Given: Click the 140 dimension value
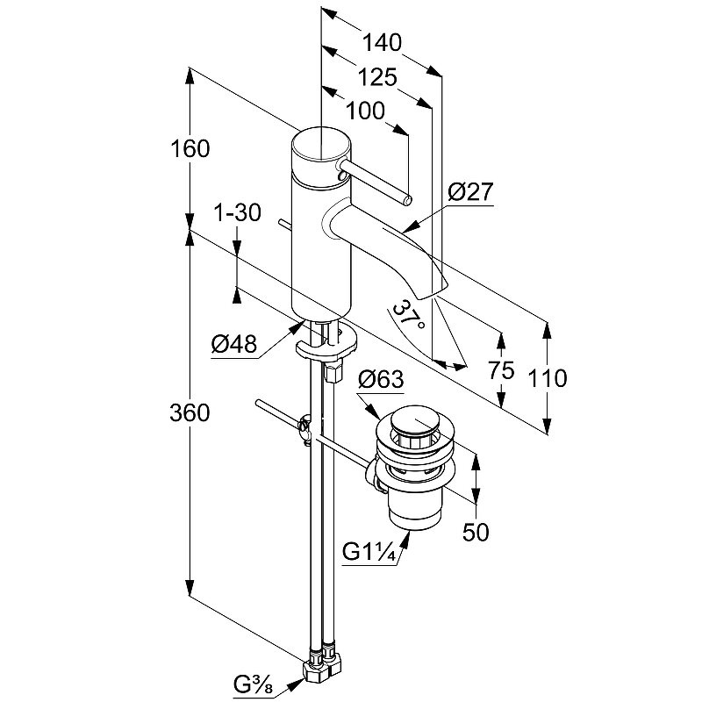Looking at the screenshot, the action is [x=382, y=43].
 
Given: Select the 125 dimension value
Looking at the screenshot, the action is [x=377, y=77].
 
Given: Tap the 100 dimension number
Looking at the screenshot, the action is [x=365, y=111].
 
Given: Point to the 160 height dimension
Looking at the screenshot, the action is [x=190, y=148].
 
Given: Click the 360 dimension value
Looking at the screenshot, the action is [x=190, y=412].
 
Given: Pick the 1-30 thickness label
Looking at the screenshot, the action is [x=237, y=212].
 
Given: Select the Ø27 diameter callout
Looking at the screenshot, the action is [x=470, y=192].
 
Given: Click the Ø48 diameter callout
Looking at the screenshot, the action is [x=234, y=344].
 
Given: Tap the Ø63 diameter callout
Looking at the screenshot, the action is [x=381, y=379].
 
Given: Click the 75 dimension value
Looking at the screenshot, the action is [x=501, y=370].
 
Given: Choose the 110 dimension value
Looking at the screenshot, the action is [x=548, y=378].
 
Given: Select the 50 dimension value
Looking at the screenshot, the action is [x=476, y=533].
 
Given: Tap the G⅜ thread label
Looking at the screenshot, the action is [x=253, y=684].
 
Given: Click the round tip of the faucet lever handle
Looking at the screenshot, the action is [x=407, y=200].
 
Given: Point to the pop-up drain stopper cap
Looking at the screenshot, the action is [x=415, y=420].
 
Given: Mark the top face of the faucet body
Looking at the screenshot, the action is [x=320, y=144].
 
